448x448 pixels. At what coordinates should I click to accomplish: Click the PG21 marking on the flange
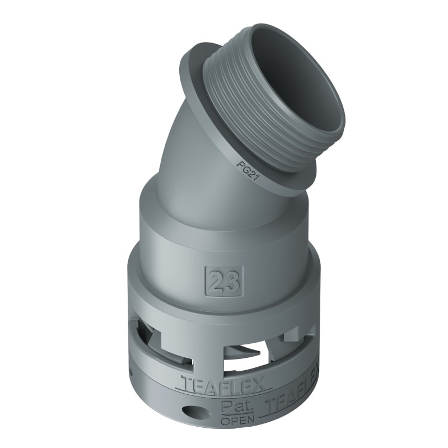(x=242, y=166)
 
